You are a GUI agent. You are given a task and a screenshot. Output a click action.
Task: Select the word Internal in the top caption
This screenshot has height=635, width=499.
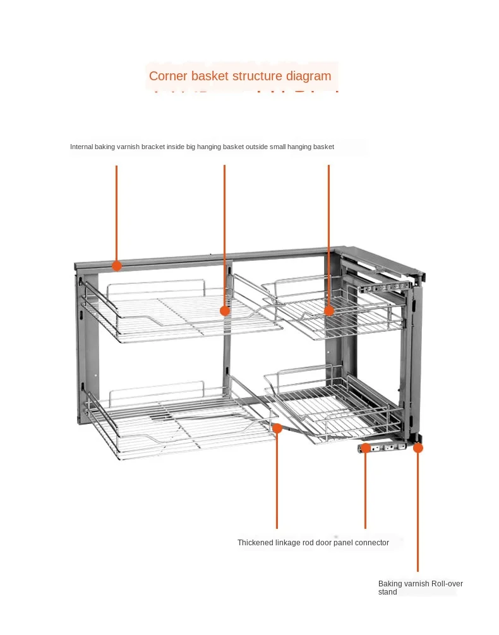pyautogui.click(x=81, y=147)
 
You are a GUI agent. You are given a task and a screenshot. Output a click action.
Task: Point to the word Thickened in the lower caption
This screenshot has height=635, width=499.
pyautogui.click(x=255, y=543)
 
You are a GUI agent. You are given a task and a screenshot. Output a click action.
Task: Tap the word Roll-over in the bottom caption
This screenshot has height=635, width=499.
pyautogui.click(x=447, y=584)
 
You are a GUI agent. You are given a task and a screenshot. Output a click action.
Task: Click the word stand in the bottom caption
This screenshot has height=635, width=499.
pyautogui.click(x=388, y=592)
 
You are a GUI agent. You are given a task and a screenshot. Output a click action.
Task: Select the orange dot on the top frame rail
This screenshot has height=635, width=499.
pyautogui.click(x=117, y=265)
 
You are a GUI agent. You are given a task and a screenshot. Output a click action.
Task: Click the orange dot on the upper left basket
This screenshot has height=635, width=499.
pyautogui.click(x=224, y=311)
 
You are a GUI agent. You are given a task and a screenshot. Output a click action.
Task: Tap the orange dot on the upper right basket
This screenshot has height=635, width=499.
pyautogui.click(x=329, y=310)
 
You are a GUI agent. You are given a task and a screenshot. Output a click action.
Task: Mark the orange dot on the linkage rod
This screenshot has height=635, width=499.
pyautogui.click(x=277, y=428)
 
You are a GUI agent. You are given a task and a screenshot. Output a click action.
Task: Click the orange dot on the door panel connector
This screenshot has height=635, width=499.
pyautogui.click(x=365, y=447)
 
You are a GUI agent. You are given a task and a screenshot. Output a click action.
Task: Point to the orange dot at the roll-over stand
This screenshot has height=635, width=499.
pyautogui.click(x=418, y=447)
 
